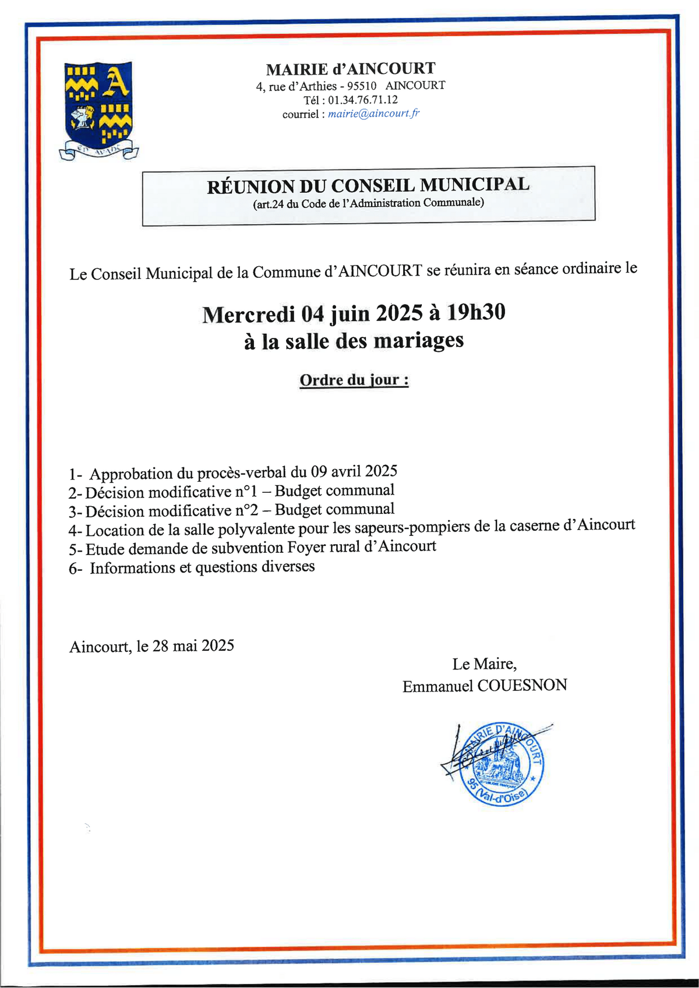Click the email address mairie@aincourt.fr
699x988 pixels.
373,114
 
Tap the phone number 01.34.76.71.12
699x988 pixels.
363,100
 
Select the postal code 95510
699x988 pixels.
362,86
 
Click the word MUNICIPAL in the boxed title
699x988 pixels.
474,185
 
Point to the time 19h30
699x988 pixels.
476,313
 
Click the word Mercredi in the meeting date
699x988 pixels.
249,315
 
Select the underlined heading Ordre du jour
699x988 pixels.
354,380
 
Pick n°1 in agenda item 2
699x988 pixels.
246,492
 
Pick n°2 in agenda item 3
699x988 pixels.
246,510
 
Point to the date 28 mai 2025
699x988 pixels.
193,645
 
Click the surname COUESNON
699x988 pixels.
522,685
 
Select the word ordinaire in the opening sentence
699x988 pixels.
588,269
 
